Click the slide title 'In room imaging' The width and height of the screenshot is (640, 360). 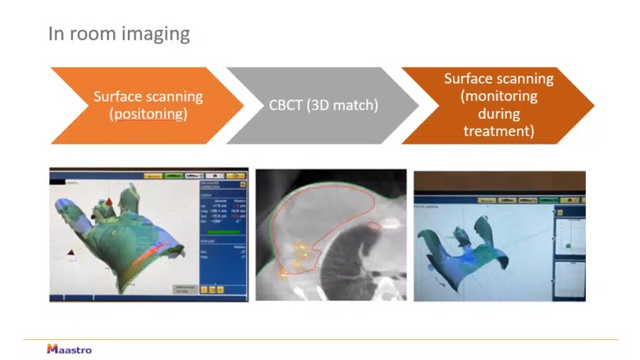(119, 33)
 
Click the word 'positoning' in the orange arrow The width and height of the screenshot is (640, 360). (149, 114)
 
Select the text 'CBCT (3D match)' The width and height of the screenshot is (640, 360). (323, 105)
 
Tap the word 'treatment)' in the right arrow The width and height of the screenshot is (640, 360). (498, 131)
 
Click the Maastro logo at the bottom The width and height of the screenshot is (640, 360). (69, 349)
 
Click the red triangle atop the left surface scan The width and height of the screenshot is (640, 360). (110, 203)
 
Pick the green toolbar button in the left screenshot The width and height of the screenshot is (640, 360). (173, 175)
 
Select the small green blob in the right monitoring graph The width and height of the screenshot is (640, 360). (568, 246)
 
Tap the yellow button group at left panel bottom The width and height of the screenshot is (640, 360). (210, 290)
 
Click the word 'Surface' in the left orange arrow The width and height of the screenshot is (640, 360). (119, 96)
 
